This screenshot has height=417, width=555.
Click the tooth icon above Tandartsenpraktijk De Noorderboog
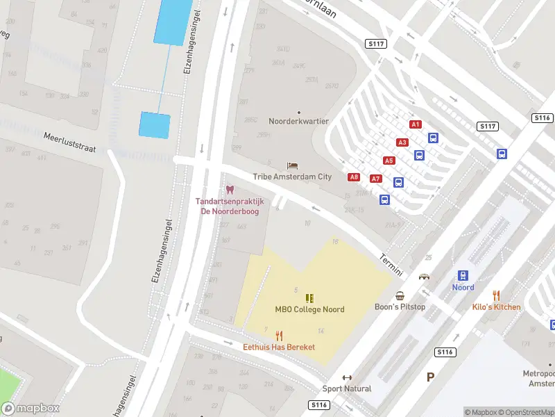pos(230,190)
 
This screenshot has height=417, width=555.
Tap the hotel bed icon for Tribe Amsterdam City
pos(292,165)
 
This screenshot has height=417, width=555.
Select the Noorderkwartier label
pos(299,121)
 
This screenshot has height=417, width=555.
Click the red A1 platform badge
pos(416,124)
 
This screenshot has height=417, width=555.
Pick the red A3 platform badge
pos(402,142)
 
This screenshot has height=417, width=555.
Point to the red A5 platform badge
pos(389,161)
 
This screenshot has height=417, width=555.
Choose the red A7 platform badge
pos(376,179)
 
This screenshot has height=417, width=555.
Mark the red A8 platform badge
pos(354,177)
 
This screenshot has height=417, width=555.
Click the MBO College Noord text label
pos(309,309)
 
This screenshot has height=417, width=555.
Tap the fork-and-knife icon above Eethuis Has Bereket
pos(279,335)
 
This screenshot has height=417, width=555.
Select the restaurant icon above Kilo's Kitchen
pos(496,295)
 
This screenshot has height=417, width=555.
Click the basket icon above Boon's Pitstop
pos(400,295)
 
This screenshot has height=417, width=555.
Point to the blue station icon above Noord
pos(463,276)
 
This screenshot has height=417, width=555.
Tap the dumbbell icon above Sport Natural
pos(347,377)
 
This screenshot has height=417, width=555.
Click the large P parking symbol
pos(430,377)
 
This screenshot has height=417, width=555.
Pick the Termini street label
pos(391,263)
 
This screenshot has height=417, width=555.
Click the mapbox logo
pos(31,409)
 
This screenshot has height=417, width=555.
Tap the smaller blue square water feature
pos(155,125)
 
